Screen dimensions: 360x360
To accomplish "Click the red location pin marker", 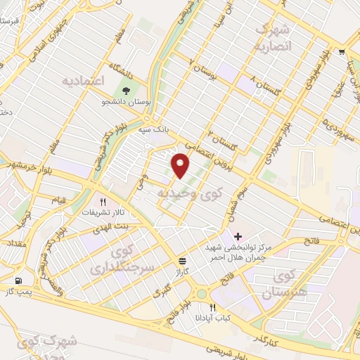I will [181, 164].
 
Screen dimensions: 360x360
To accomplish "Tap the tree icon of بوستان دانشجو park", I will [126, 91].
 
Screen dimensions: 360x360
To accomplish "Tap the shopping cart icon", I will [342, 51].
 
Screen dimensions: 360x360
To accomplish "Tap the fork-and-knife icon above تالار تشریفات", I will [103, 200].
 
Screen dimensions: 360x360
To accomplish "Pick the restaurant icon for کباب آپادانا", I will [213, 307].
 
